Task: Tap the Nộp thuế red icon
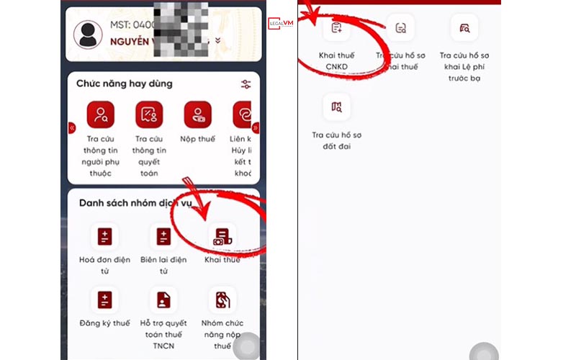pyautogui.click(x=197, y=114)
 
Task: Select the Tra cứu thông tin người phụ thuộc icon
pyautogui.click(x=100, y=114)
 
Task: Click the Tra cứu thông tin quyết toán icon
pyautogui.click(x=149, y=114)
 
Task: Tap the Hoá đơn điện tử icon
pyautogui.click(x=104, y=236)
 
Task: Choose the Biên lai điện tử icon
pyautogui.click(x=163, y=236)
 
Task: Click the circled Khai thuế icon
pyautogui.click(x=222, y=236)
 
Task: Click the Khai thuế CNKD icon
pyautogui.click(x=336, y=28)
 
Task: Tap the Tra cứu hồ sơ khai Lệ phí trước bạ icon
pyautogui.click(x=464, y=28)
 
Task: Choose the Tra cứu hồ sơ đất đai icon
pyautogui.click(x=336, y=107)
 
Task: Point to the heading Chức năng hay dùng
pyautogui.click(x=125, y=84)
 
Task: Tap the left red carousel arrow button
pyautogui.click(x=72, y=128)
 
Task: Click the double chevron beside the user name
pyautogui.click(x=217, y=41)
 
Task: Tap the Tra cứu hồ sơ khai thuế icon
pyautogui.click(x=400, y=28)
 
